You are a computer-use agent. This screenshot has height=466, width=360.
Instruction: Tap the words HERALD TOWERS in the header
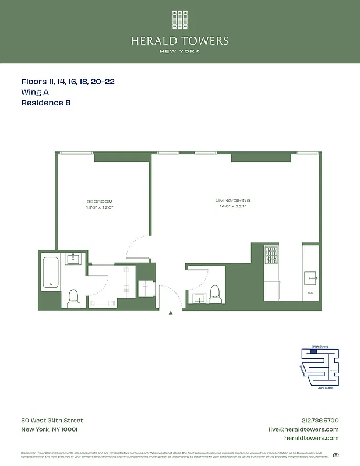(x=179, y=41)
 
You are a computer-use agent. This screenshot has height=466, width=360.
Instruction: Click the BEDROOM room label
(x=99, y=202)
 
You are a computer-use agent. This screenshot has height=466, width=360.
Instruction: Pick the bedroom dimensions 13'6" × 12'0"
(x=99, y=207)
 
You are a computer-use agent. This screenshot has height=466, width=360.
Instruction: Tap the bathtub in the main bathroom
(x=51, y=273)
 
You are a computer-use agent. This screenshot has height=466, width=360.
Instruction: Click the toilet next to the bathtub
(x=73, y=298)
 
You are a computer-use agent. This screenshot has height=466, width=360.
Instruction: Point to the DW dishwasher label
(x=310, y=293)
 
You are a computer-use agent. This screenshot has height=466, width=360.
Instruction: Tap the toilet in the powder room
(x=214, y=293)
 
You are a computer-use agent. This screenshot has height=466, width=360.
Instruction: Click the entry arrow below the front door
(x=171, y=313)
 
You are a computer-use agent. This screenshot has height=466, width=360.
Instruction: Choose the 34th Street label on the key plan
(x=320, y=347)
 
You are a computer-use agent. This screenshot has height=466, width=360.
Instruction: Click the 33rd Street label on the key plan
(x=325, y=387)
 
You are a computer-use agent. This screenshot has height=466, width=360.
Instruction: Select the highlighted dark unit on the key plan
(x=315, y=351)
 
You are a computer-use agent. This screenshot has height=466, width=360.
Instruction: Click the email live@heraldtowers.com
(x=303, y=429)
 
